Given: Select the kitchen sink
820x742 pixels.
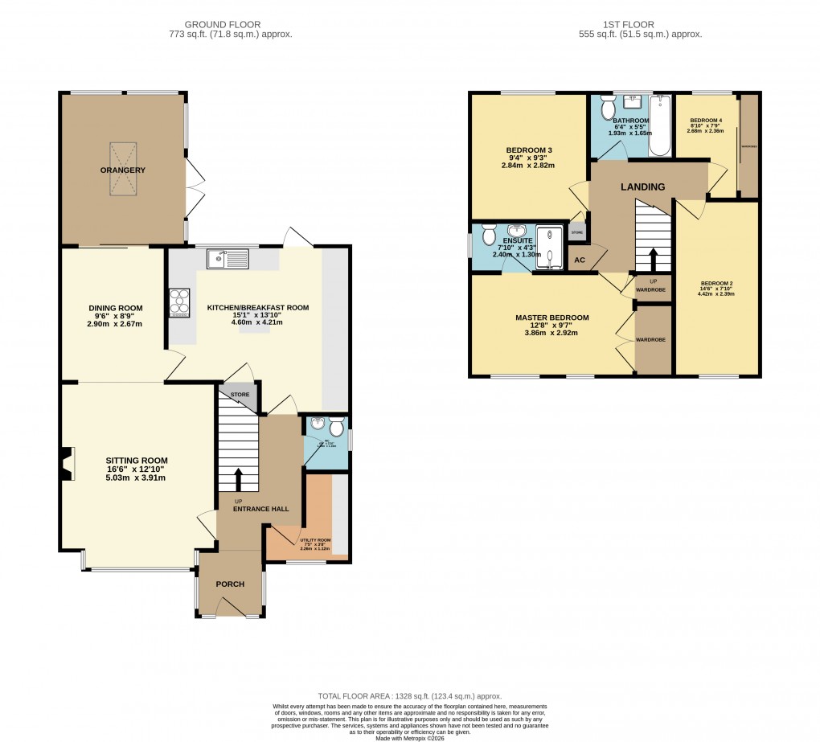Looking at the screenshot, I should click(x=228, y=259).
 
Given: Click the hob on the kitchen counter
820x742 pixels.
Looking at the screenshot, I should click(x=178, y=302).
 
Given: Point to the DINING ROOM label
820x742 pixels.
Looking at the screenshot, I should click(x=115, y=308).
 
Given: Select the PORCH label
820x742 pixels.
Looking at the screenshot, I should click(x=230, y=584).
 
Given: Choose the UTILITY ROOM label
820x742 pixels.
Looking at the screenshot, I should click(x=314, y=541).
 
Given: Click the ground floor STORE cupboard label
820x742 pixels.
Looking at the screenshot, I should click(x=240, y=395).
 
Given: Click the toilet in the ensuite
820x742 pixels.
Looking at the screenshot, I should click(x=488, y=236).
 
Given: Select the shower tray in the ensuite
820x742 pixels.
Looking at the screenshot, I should click(x=550, y=245).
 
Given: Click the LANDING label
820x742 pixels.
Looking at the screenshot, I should click(x=642, y=187).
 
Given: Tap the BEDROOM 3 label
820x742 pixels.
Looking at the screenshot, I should click(x=528, y=150).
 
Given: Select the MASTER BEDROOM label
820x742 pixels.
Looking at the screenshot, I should click(x=551, y=318).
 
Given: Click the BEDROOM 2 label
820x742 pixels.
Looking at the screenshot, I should click(x=716, y=284).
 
